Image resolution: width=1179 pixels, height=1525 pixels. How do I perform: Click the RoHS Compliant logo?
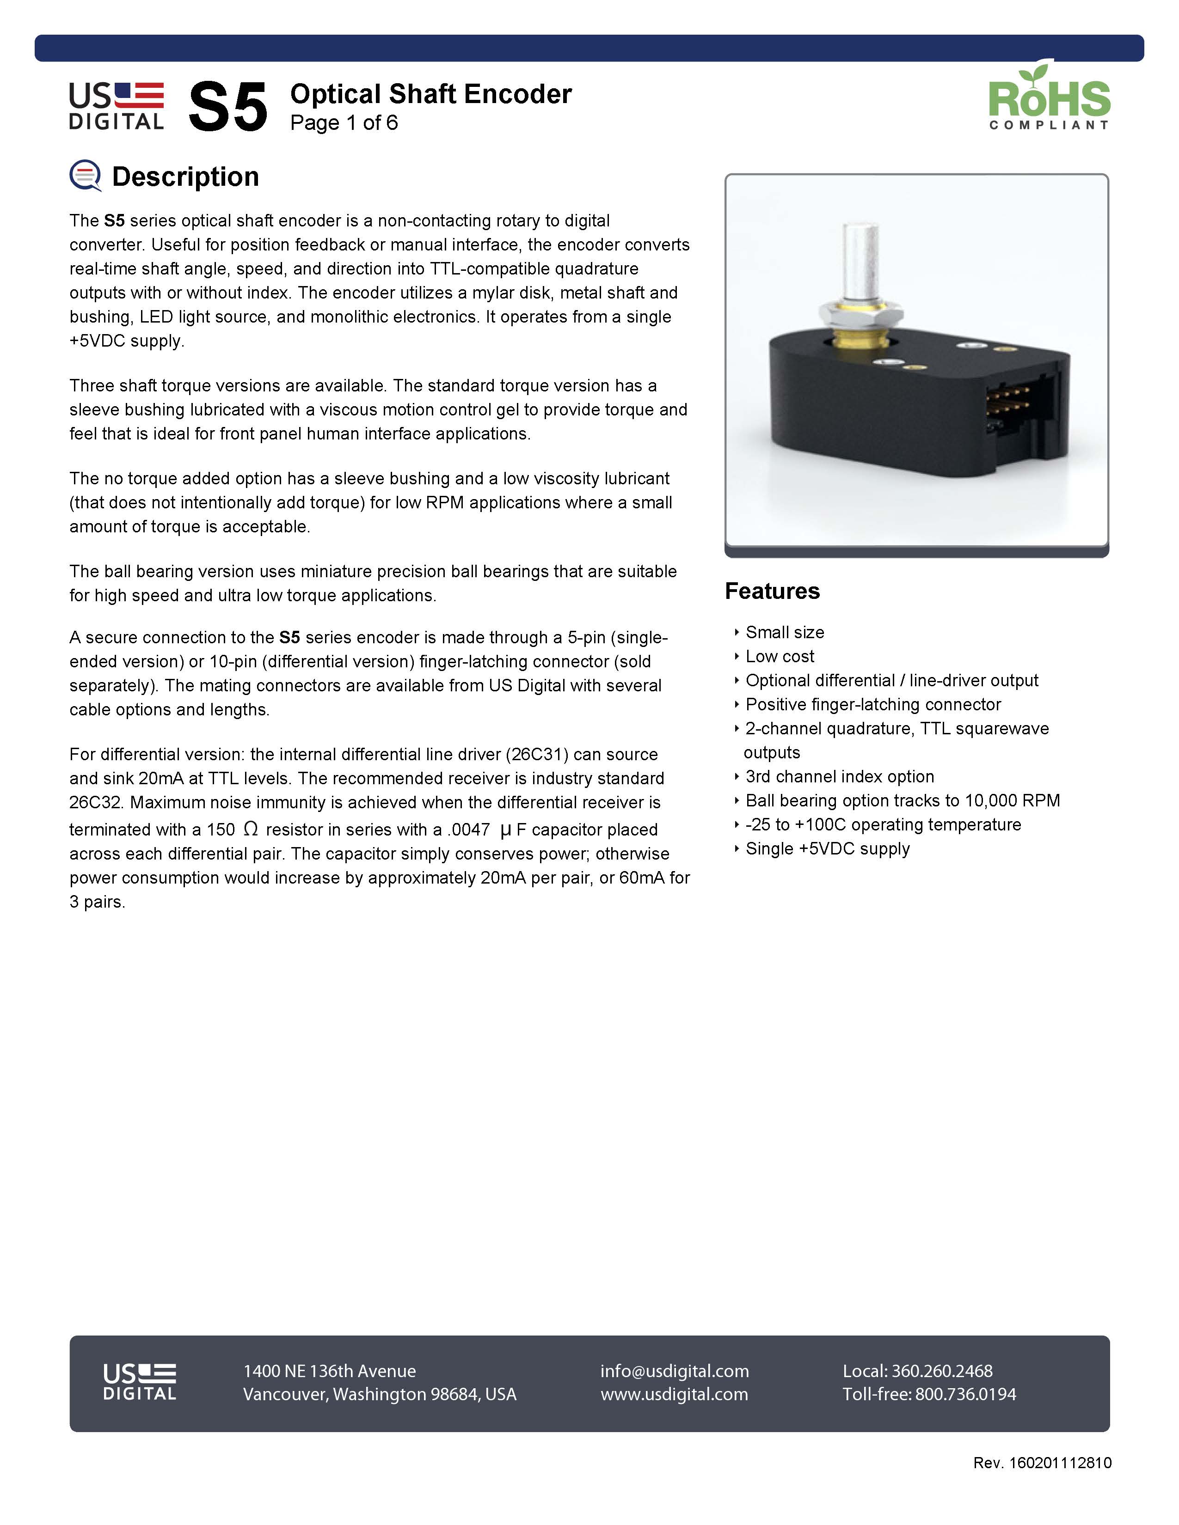tap(1049, 97)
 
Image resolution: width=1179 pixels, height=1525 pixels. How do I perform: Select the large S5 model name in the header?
tap(227, 106)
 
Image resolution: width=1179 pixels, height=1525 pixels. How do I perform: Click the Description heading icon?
tap(85, 175)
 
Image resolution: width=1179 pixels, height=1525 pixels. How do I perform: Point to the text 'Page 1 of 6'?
tap(344, 123)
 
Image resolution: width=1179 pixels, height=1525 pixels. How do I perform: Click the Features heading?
tap(772, 591)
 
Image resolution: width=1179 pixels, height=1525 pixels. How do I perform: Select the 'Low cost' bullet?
tap(780, 656)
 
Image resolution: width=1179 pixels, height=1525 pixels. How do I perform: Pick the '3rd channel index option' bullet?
tap(840, 776)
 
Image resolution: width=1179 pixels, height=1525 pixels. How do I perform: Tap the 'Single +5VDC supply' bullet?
tap(828, 848)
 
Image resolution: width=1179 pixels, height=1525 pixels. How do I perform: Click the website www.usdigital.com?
tap(674, 1394)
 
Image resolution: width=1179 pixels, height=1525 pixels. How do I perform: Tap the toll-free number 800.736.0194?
tap(965, 1394)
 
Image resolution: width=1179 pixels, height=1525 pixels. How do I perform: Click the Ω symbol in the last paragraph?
tap(251, 829)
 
